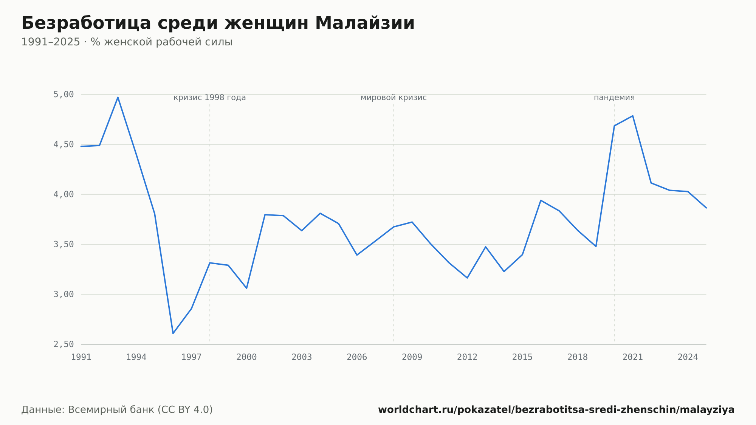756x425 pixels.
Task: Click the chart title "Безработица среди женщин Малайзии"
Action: tap(218, 23)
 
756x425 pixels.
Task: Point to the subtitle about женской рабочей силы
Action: tap(127, 42)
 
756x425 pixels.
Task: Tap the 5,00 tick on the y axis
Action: tap(64, 94)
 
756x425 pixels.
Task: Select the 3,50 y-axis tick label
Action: tap(64, 244)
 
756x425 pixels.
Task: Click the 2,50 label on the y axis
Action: tap(64, 344)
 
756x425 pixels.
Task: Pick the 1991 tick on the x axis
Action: tap(81, 357)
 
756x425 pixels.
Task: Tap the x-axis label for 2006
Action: tap(357, 357)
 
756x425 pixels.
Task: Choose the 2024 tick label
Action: tap(688, 357)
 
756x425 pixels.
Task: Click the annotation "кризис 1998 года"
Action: tap(210, 98)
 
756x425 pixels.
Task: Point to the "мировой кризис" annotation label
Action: tap(393, 98)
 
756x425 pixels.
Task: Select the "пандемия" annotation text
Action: tap(614, 98)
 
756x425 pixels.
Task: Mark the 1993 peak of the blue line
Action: tap(118, 97)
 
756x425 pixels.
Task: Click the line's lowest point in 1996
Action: tap(173, 333)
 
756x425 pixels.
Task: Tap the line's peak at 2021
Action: tap(633, 116)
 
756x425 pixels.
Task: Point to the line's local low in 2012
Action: tap(467, 278)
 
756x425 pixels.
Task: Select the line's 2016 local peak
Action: tap(541, 200)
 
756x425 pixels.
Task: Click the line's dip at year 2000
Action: tap(246, 289)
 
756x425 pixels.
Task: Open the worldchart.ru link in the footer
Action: tap(556, 410)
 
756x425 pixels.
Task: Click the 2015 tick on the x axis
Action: tap(522, 357)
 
